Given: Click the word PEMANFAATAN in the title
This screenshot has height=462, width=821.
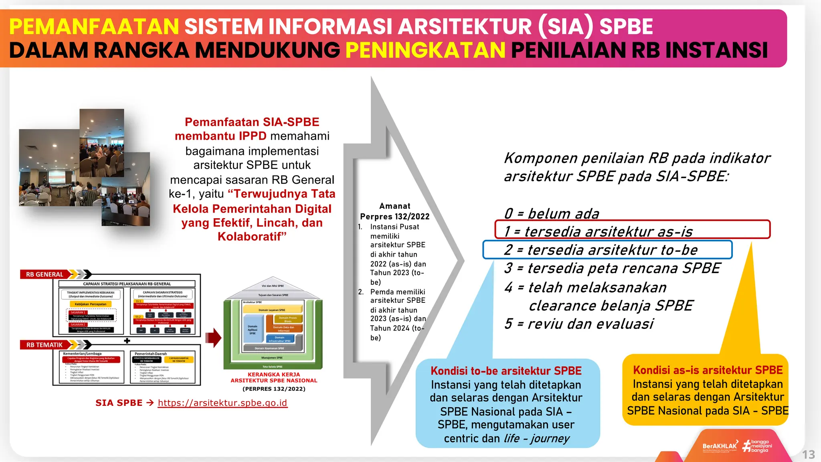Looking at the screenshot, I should [x=94, y=27].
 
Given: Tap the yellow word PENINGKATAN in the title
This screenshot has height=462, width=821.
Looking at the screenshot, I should [x=425, y=51].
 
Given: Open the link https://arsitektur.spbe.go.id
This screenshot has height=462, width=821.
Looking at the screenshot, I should [x=222, y=403].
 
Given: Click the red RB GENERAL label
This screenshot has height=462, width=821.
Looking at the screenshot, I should [x=44, y=274].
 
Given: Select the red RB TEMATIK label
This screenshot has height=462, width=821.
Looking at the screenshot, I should [x=44, y=344].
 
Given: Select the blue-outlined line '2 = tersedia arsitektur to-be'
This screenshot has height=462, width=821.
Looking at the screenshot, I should [x=607, y=249].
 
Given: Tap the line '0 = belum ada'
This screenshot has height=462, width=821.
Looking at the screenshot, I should [x=552, y=213].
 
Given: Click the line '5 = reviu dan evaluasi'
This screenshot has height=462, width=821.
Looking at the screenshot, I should [x=579, y=323].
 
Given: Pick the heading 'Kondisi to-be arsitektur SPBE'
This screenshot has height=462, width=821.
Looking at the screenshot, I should [x=506, y=371].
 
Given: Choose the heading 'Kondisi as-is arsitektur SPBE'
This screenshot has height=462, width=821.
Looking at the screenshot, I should [x=708, y=370].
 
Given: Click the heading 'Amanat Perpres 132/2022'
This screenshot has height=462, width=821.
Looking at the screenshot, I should [x=394, y=211].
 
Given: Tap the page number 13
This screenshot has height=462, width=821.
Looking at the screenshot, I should [x=808, y=454].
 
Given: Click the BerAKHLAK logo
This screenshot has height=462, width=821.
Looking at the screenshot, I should [x=720, y=446].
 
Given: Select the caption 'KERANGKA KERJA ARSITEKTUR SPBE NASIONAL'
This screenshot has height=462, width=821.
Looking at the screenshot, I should [x=274, y=377].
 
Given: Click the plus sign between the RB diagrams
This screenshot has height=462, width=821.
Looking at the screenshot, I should [x=127, y=340].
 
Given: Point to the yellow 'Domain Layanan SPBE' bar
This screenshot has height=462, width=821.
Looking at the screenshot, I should [x=272, y=310].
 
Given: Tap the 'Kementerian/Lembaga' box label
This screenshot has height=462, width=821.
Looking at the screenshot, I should [x=82, y=354].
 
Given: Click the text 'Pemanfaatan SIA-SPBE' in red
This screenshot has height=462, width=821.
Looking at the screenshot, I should [x=252, y=122].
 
